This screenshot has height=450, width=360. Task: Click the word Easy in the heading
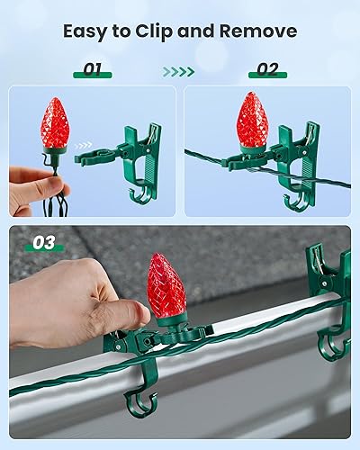tap(87, 31)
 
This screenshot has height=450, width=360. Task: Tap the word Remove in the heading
tap(260, 31)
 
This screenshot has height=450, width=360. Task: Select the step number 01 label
tap(92, 68)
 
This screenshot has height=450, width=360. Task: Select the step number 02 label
tap(267, 68)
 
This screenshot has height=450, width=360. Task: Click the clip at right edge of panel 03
tap(329, 288)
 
